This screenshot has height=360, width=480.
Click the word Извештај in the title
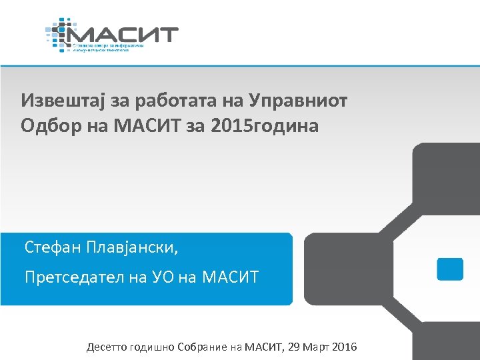pyautogui.click(x=55, y=101)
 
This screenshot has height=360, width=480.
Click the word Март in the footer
pyautogui.click(x=315, y=347)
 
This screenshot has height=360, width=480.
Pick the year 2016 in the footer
pyautogui.click(x=345, y=347)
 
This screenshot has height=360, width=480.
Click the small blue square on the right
pyautogui.click(x=449, y=269)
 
